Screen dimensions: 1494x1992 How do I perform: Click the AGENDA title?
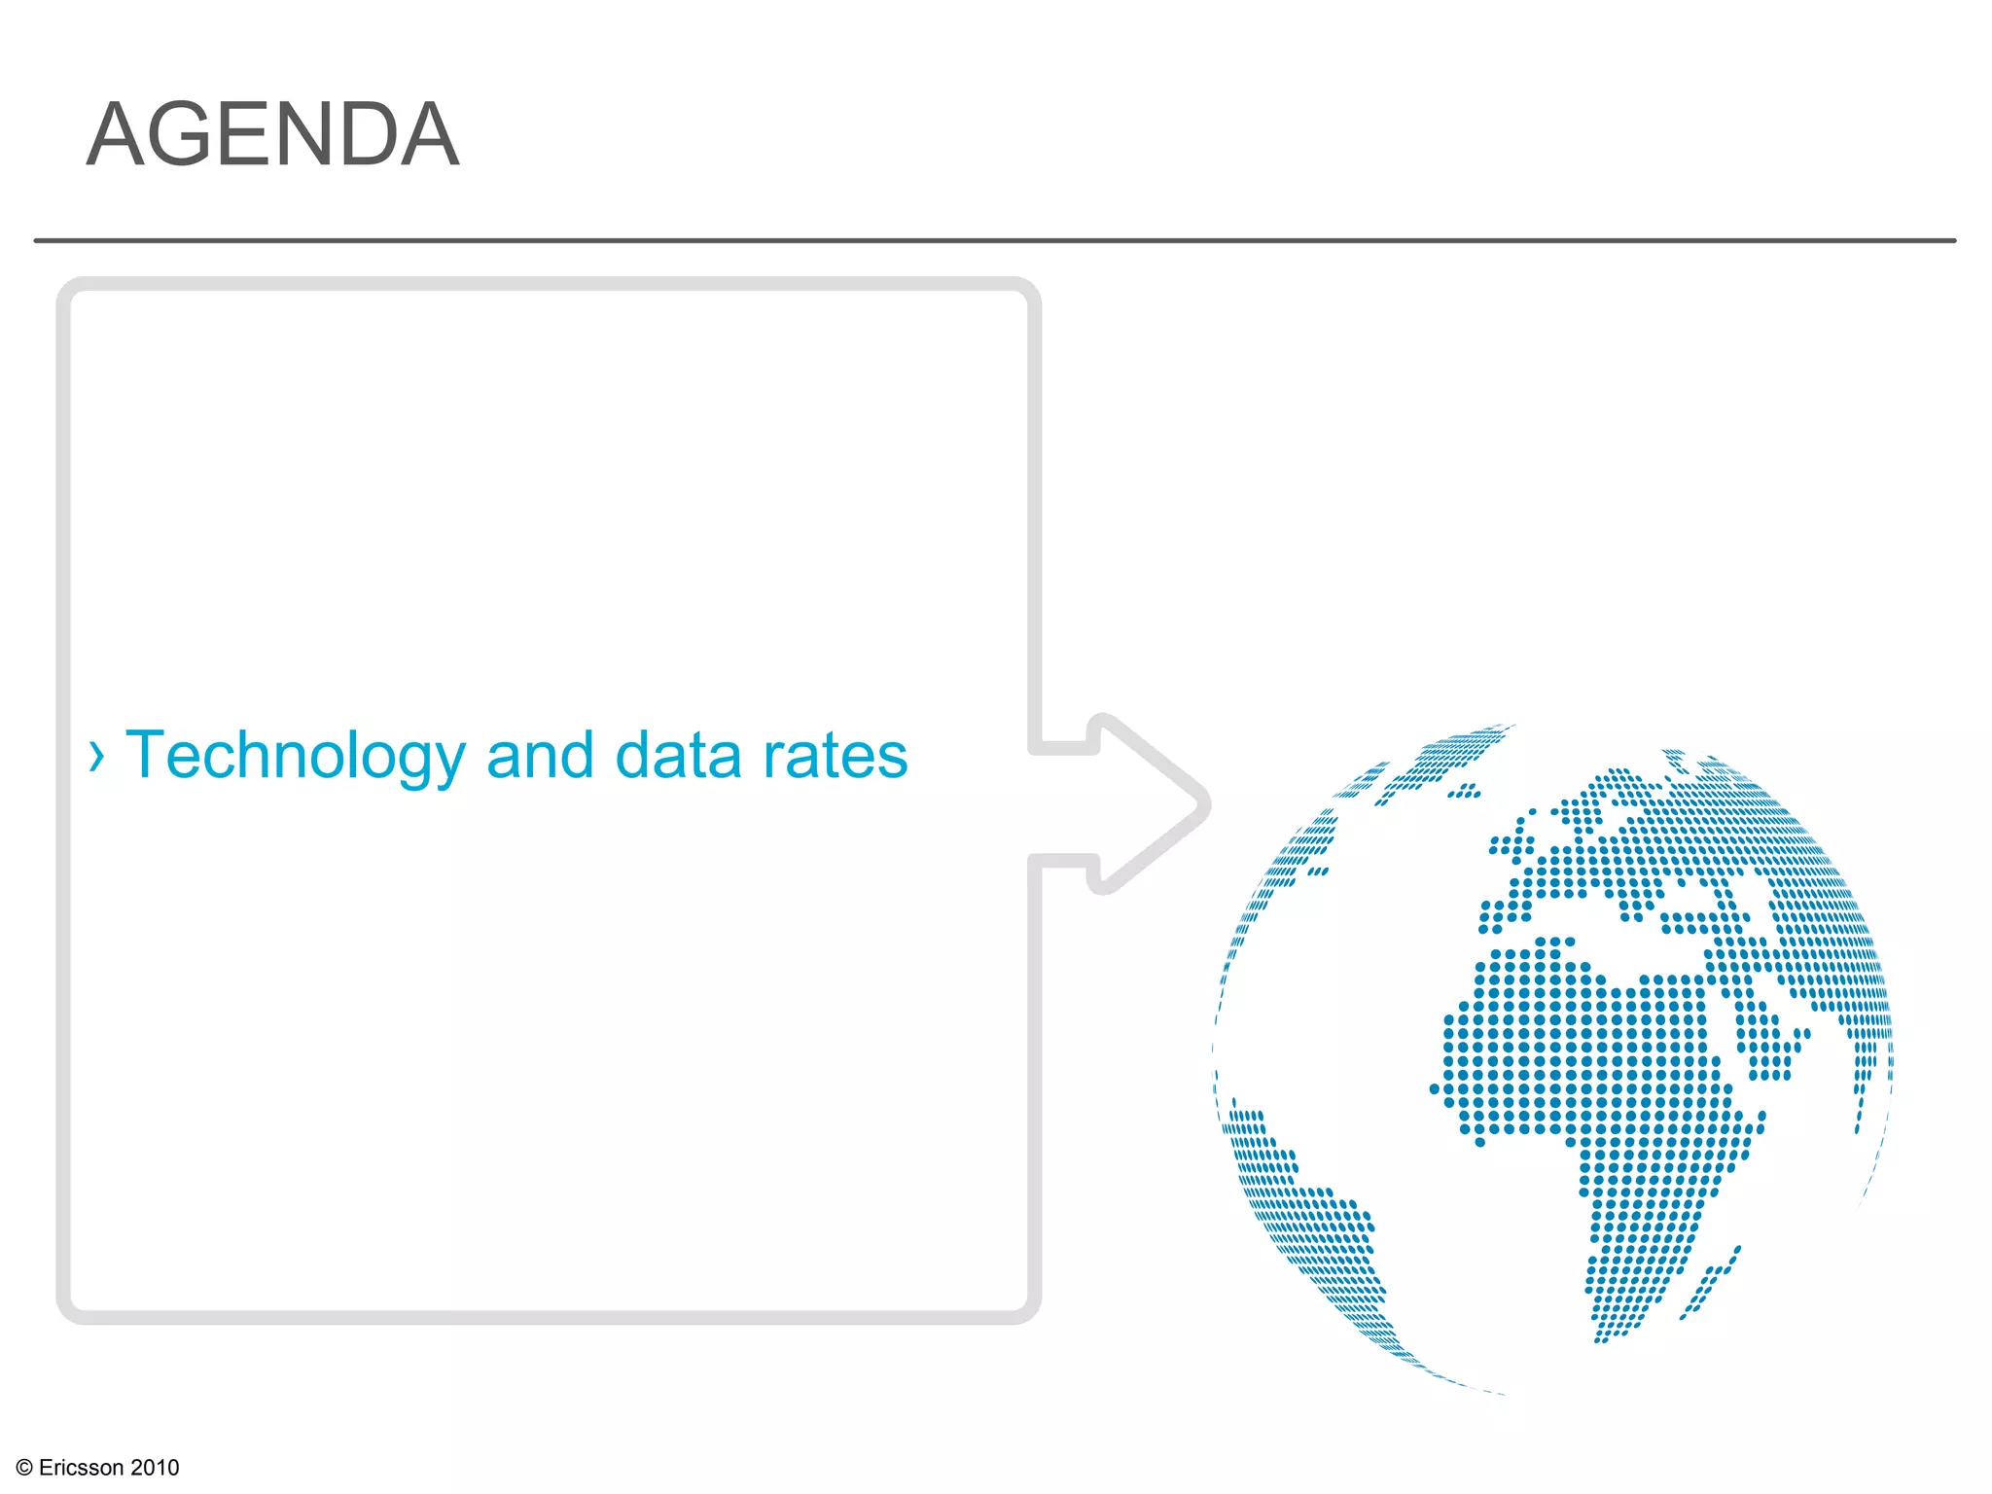(x=272, y=135)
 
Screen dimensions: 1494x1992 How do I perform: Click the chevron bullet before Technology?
(x=95, y=756)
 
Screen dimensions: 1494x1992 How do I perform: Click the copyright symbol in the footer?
(x=25, y=1468)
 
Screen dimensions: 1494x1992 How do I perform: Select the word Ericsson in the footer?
(x=82, y=1468)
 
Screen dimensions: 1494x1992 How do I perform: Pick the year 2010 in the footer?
(x=155, y=1468)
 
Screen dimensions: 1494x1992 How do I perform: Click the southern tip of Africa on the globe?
(x=1610, y=1333)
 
